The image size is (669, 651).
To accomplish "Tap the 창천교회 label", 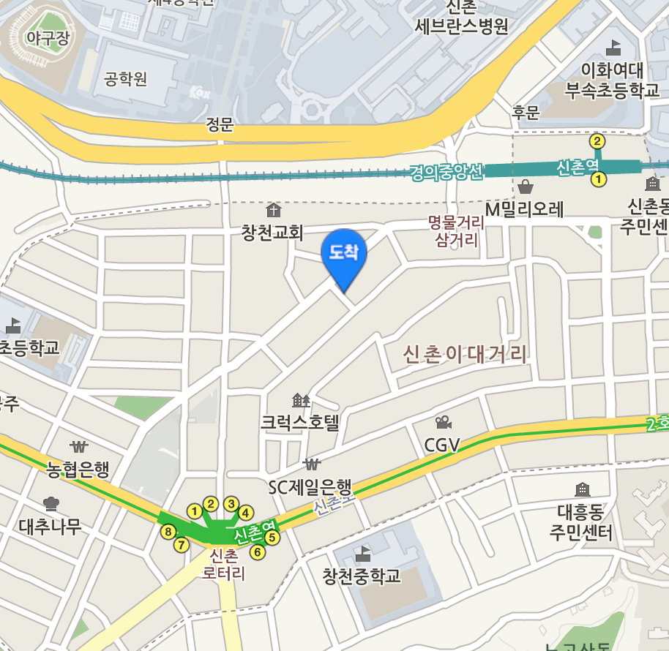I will coord(272,233).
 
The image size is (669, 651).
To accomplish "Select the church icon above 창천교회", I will coord(272,211).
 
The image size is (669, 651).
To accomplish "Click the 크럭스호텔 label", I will coord(301,422).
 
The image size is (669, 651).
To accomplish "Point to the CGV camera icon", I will coord(442,423).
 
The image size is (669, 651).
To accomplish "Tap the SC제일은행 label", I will coord(310,486).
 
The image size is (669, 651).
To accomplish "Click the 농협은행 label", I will coord(78,469).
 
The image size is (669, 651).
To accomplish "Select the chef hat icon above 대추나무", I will coord(51,503).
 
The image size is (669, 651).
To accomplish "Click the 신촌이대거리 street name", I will coord(466,355).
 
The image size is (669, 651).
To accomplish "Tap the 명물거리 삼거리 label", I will coord(457,230).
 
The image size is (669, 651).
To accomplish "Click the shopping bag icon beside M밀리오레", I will coord(526,187).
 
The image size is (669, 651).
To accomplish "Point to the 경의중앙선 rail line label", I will coord(446,173).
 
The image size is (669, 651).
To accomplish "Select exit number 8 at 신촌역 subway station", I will coord(168,531).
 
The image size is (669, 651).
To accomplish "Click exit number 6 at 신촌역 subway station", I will coord(257,552).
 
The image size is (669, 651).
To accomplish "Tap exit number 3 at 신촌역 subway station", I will coord(231,503).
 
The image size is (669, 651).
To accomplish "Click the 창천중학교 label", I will coord(362,576).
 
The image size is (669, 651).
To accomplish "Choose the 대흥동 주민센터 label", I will coord(581,520).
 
